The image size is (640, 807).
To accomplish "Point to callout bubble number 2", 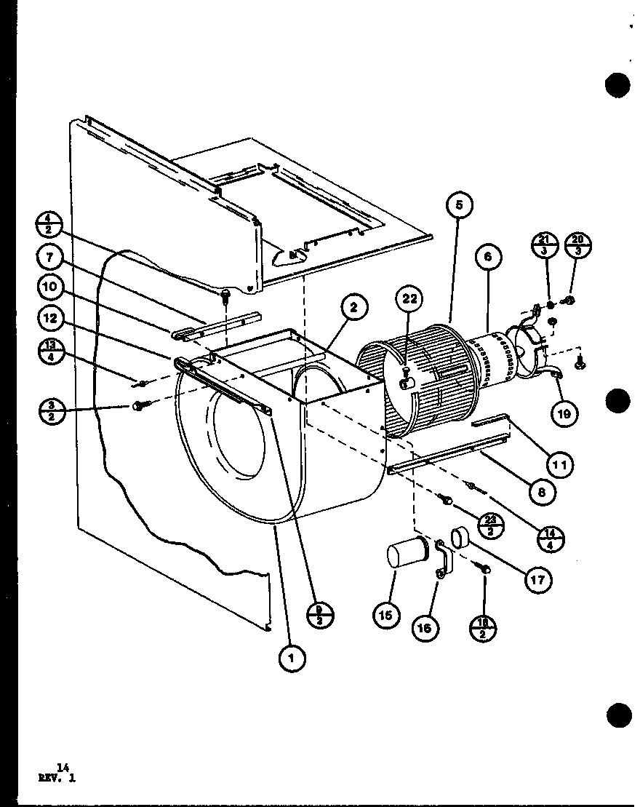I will click(353, 309).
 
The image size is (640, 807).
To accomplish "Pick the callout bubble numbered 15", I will click(385, 616).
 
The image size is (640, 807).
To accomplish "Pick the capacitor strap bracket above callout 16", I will click(444, 560).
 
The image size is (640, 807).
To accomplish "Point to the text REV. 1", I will click(57, 778).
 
